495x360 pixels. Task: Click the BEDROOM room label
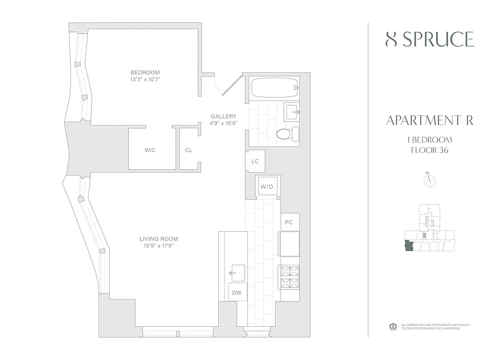click(x=145, y=72)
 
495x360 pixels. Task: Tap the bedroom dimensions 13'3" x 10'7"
click(x=145, y=80)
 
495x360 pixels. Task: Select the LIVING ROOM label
click(x=158, y=239)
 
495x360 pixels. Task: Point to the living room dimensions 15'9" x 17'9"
click(x=158, y=246)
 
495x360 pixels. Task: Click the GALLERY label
click(x=224, y=116)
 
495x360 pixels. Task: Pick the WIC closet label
click(x=150, y=150)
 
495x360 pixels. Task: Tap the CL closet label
click(x=189, y=150)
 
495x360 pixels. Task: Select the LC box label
click(x=255, y=161)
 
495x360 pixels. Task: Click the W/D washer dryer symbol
click(x=267, y=186)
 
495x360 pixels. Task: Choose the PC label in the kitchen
click(x=289, y=222)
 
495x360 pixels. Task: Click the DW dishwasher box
click(x=237, y=293)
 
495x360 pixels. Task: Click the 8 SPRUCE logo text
click(x=429, y=40)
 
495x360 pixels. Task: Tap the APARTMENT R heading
click(x=429, y=121)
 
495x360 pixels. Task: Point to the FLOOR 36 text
click(x=429, y=150)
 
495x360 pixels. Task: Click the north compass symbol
click(x=430, y=180)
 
